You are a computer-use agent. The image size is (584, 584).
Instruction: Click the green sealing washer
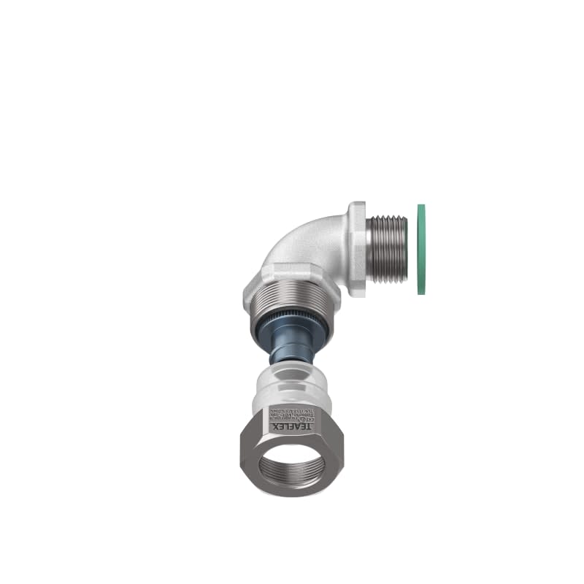pos(422,249)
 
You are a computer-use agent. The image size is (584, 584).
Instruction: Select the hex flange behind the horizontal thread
pos(358,248)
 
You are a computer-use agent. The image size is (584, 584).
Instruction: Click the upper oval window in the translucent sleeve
pos(292,375)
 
